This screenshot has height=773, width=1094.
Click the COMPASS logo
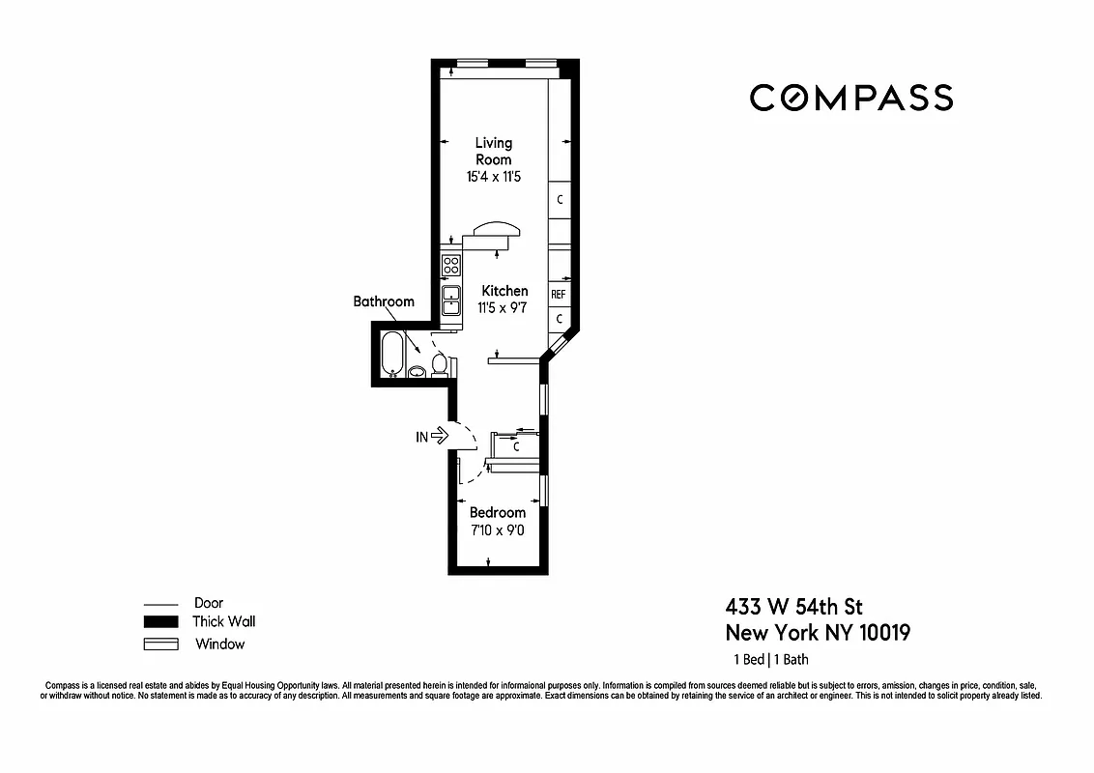(851, 98)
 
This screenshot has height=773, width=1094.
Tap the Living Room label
(493, 151)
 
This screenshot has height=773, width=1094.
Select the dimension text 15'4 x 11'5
(493, 177)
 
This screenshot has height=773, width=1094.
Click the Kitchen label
(504, 291)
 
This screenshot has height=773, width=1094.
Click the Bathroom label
(384, 301)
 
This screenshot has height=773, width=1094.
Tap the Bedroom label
(498, 512)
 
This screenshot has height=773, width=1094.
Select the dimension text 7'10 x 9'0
(497, 530)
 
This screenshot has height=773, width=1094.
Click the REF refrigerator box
(559, 294)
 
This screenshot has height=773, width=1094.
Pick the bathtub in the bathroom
(391, 354)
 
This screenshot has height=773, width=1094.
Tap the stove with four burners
(450, 264)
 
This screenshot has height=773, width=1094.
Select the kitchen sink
(450, 301)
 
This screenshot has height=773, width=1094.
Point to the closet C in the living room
(560, 200)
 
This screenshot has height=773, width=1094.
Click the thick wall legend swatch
(160, 622)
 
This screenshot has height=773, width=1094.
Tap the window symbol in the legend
(160, 644)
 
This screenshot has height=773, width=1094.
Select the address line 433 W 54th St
(793, 607)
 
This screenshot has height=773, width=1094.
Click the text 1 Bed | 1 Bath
(770, 660)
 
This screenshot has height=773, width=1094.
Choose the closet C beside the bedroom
(516, 447)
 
